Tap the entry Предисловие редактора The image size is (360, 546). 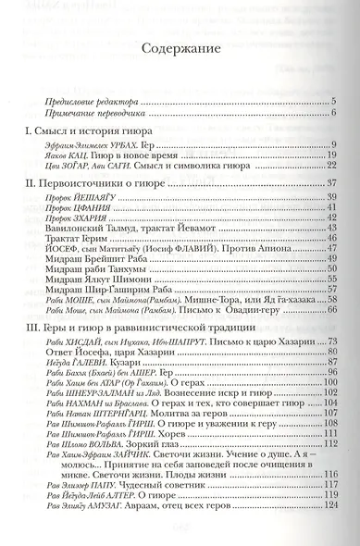pos(91,100)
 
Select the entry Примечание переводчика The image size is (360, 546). pos(93,112)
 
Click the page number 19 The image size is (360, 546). pos(329,155)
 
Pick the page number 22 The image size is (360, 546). pos(329,167)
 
